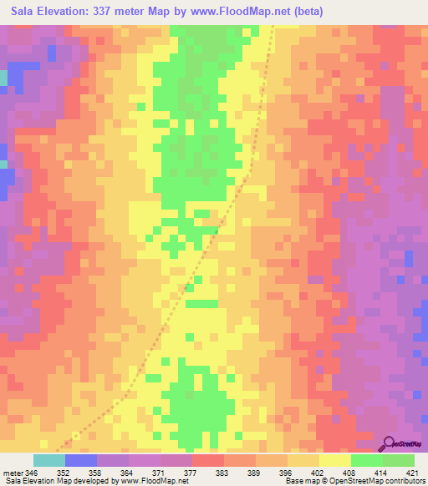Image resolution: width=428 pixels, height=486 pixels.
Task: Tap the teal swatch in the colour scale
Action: tap(49, 460)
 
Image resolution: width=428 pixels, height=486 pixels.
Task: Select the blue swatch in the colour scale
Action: tap(81, 460)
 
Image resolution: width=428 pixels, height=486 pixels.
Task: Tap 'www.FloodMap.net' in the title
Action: tap(237, 12)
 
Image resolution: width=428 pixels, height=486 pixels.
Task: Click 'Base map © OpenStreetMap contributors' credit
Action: tap(354, 481)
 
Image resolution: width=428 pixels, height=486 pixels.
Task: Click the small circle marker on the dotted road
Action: tap(77, 435)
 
